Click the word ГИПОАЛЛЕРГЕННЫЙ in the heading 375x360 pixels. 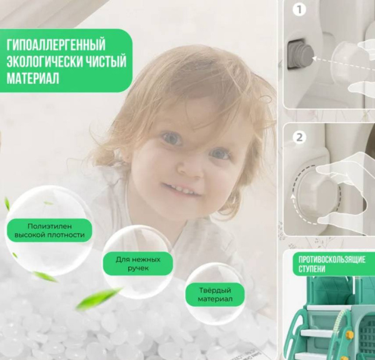(56, 45)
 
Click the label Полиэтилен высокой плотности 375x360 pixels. (49, 231)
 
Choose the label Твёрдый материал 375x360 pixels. (214, 295)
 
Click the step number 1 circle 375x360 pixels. (299, 10)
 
